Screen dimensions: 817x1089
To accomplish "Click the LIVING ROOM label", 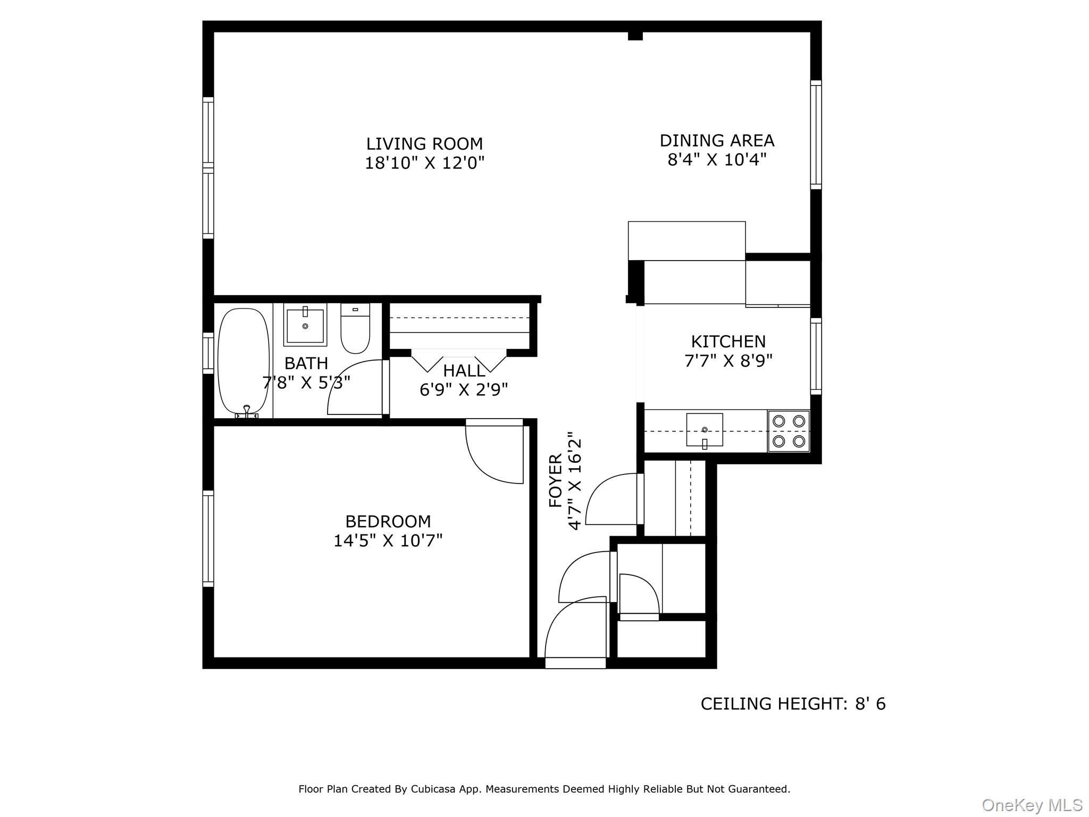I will [424, 144].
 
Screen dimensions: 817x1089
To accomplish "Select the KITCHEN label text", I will [728, 341].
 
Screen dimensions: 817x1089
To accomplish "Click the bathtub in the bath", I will [244, 362].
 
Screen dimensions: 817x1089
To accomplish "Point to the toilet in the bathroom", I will [355, 329].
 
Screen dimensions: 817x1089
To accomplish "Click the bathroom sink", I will [305, 324].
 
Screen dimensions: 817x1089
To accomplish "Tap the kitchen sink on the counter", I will [705, 430].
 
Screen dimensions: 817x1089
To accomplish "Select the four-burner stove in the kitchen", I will [789, 431].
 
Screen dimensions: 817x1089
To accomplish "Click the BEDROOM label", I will [388, 521].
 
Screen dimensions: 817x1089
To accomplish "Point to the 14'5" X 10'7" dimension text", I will [388, 541].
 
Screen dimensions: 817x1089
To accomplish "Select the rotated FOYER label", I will [555, 481].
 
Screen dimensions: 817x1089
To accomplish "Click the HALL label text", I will [464, 371].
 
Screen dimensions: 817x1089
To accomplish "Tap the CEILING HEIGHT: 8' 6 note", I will [793, 704].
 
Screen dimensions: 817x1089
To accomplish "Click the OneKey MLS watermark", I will [1032, 805].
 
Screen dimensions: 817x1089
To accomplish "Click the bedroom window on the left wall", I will [208, 539].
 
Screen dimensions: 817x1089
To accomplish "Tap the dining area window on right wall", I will [816, 135].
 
